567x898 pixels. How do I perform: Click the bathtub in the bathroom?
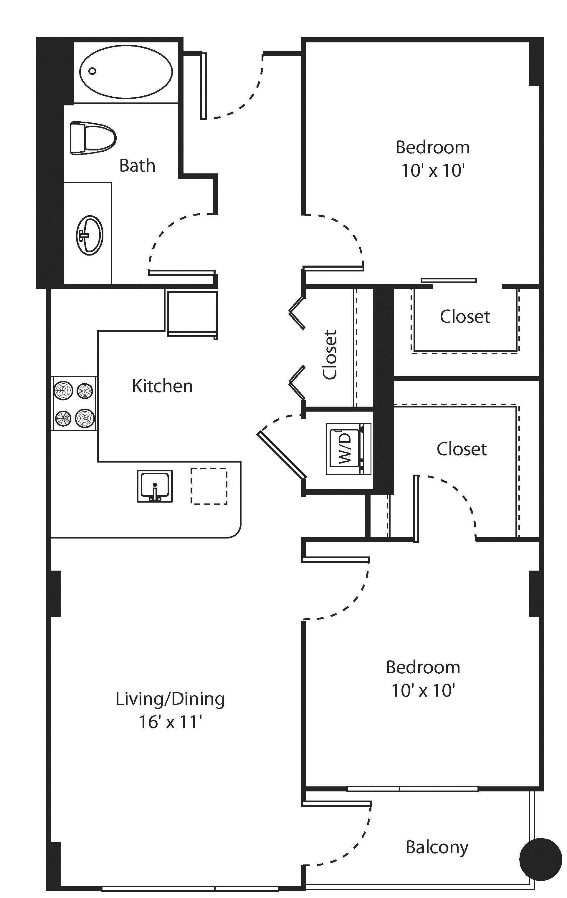click(126, 72)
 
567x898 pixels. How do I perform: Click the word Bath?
click(137, 165)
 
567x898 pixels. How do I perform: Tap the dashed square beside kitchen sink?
click(209, 486)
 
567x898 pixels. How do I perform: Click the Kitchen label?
click(162, 386)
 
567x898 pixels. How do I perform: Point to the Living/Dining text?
click(170, 699)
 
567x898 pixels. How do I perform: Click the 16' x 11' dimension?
click(170, 722)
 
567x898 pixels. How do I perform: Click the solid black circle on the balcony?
click(540, 859)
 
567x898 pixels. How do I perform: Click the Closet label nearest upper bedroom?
click(464, 316)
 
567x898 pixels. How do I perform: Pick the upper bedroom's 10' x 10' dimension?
click(432, 171)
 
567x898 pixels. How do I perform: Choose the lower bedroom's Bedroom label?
click(423, 667)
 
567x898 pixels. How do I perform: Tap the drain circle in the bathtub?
click(92, 70)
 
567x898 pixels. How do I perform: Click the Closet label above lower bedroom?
click(462, 449)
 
